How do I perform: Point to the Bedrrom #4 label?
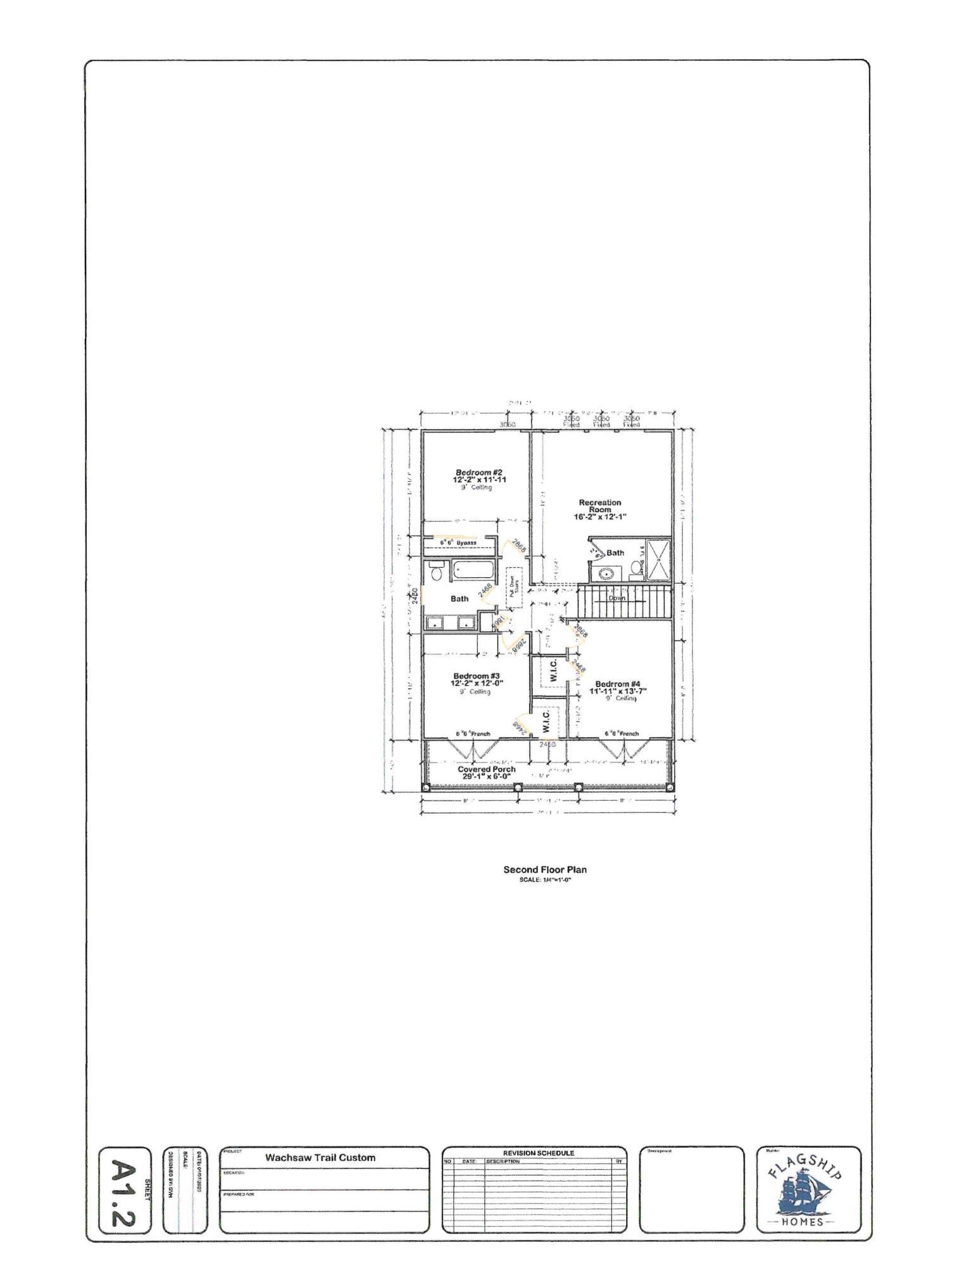618,684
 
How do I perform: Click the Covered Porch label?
486,769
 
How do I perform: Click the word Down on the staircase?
617,598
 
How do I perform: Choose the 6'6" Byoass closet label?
458,542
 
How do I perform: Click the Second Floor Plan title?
544,869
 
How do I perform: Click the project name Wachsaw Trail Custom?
320,1158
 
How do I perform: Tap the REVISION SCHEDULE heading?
539,1153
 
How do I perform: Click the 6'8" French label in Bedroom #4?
622,734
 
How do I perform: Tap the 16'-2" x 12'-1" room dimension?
600,517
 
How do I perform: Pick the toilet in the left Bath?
436,572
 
